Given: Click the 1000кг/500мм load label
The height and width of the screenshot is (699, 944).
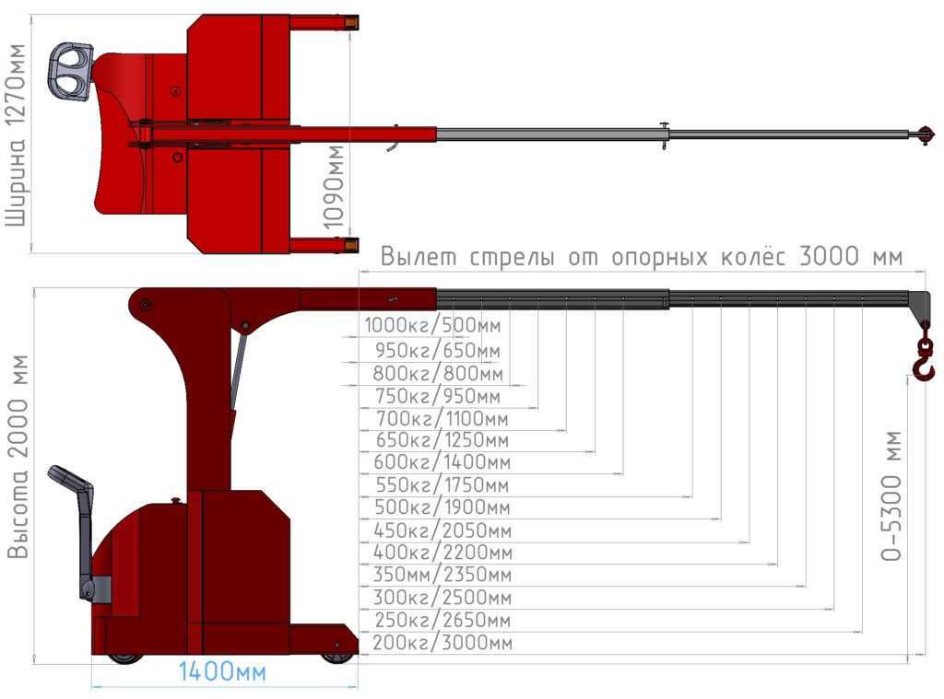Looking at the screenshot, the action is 432,325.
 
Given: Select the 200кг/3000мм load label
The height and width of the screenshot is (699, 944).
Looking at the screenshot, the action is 442,643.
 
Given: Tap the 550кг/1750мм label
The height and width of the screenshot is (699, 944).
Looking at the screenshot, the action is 442,484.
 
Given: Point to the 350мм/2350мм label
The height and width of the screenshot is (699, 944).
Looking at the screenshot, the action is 442,575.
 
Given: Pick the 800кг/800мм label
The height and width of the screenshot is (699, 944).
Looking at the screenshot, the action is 438,374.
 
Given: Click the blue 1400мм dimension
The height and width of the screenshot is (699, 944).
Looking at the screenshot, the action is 222,671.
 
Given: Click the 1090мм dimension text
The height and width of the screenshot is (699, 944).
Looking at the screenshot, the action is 334,187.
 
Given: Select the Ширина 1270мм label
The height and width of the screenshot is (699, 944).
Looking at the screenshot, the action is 17,135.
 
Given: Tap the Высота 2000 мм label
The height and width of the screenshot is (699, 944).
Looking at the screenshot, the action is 18,457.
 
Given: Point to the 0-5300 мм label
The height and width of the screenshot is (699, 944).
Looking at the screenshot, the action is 891,495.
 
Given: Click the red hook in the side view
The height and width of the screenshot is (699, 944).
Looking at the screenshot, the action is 924,359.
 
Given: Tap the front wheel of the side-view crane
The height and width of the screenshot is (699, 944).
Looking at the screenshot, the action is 337,657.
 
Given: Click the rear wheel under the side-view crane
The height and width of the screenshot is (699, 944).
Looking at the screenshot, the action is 124,658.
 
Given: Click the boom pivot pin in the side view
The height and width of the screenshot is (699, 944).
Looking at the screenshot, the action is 145,305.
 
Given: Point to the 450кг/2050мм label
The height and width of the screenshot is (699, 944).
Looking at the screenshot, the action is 442,530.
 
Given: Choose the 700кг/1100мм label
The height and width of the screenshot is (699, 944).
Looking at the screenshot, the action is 442,418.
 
